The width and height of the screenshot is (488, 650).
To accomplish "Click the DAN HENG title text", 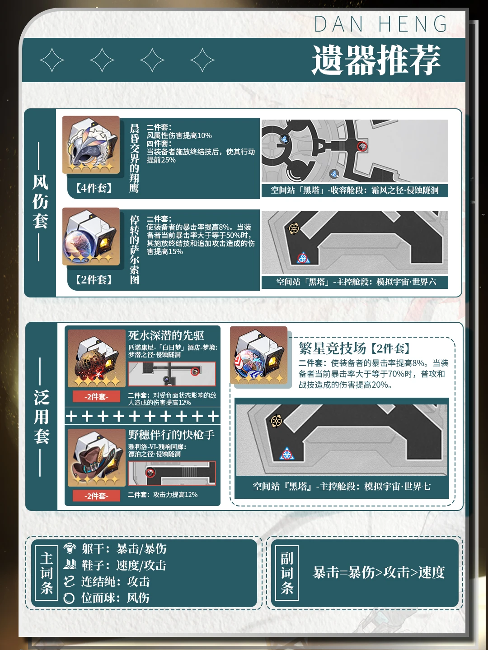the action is [x=381, y=24].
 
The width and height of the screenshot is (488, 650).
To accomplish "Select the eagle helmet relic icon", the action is [x=91, y=145].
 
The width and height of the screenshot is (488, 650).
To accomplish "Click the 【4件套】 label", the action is [x=94, y=188].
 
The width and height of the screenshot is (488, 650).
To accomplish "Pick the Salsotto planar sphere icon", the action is [x=91, y=237].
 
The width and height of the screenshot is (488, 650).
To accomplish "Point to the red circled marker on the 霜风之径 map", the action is [x=362, y=146].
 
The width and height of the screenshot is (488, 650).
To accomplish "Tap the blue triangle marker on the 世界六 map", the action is [x=303, y=258].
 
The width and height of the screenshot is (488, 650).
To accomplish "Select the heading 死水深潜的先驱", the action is [x=166, y=335].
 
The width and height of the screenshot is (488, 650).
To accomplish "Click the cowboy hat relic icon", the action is [x=96, y=458].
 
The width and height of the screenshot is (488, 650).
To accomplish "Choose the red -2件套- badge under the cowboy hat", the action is [x=96, y=496].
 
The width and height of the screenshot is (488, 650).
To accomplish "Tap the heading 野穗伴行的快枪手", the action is [x=171, y=435].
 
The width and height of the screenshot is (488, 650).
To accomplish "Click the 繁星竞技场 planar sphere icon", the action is [x=258, y=355].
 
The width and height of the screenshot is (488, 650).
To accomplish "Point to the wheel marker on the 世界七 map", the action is [x=277, y=421].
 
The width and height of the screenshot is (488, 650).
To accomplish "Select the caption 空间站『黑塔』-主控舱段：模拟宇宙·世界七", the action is [x=341, y=486].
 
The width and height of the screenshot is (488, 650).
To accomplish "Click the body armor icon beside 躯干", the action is [x=70, y=548].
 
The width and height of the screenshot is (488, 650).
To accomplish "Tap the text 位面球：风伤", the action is [x=115, y=598].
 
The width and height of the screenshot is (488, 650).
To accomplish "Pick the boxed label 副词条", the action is [x=286, y=573].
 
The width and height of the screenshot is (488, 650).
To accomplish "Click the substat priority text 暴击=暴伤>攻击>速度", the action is [x=379, y=572].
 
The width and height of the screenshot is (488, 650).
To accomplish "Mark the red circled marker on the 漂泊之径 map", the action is [x=150, y=472].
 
